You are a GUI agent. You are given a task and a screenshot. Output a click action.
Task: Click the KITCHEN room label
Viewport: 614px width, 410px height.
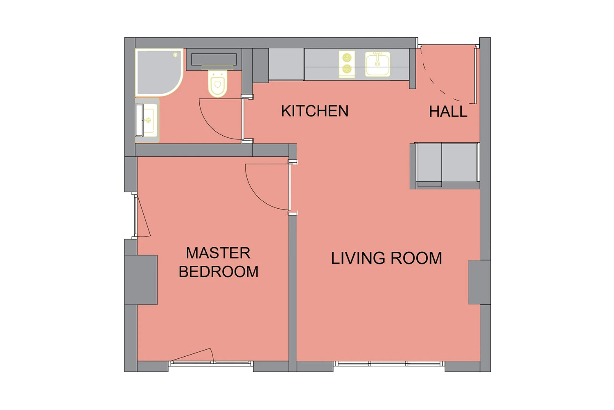(315, 111)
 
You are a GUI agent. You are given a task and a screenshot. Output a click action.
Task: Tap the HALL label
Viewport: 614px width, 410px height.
(448, 112)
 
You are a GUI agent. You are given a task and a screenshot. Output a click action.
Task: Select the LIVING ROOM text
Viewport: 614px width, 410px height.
(386, 258)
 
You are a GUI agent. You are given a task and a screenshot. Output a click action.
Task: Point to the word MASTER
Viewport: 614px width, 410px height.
(218, 253)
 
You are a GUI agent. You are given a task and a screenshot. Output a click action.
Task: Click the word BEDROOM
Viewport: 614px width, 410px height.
(219, 271)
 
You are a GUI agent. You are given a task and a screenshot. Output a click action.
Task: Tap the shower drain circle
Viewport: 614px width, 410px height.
(175, 55)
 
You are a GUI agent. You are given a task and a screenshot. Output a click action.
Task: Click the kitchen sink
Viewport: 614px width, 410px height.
(377, 64)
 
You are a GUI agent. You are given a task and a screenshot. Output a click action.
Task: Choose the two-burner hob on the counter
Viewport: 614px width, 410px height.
(347, 64)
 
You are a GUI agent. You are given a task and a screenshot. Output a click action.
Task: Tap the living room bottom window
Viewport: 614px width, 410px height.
(389, 364)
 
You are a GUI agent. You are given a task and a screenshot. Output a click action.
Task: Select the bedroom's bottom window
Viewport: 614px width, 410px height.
(210, 364)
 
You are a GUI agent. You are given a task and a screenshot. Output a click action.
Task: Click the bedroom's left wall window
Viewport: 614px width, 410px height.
(135, 216)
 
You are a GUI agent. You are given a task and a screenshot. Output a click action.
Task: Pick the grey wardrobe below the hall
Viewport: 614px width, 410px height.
(445, 166)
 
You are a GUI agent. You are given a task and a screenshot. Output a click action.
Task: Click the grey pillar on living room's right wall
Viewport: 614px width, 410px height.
(479, 282)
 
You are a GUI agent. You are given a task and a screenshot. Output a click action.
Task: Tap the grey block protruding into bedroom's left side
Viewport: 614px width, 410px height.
(141, 280)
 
